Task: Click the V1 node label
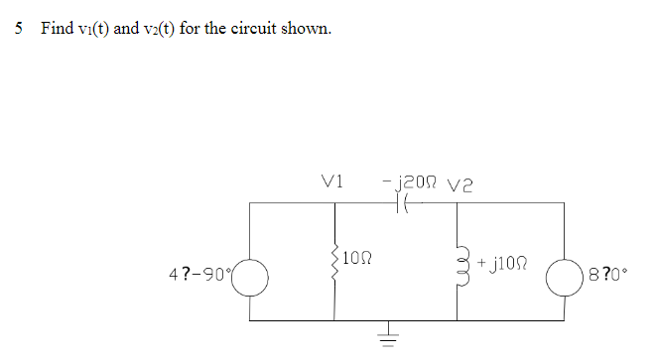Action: click(333, 181)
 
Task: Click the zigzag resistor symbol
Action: click(334, 262)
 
